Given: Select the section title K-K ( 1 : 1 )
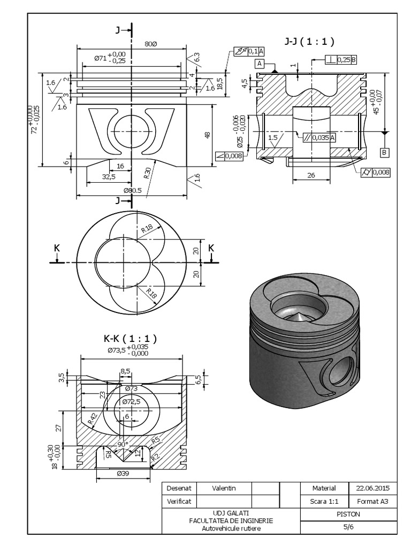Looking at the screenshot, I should coord(130,338).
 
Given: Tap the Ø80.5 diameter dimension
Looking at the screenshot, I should coord(132,191).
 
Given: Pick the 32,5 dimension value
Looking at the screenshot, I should coord(109,176).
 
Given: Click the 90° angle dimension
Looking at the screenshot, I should coord(124,444).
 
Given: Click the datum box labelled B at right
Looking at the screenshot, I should coord(384,153).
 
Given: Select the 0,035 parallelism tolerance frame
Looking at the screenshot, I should coord(319,137).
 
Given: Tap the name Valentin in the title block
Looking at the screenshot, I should coord(224,488).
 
